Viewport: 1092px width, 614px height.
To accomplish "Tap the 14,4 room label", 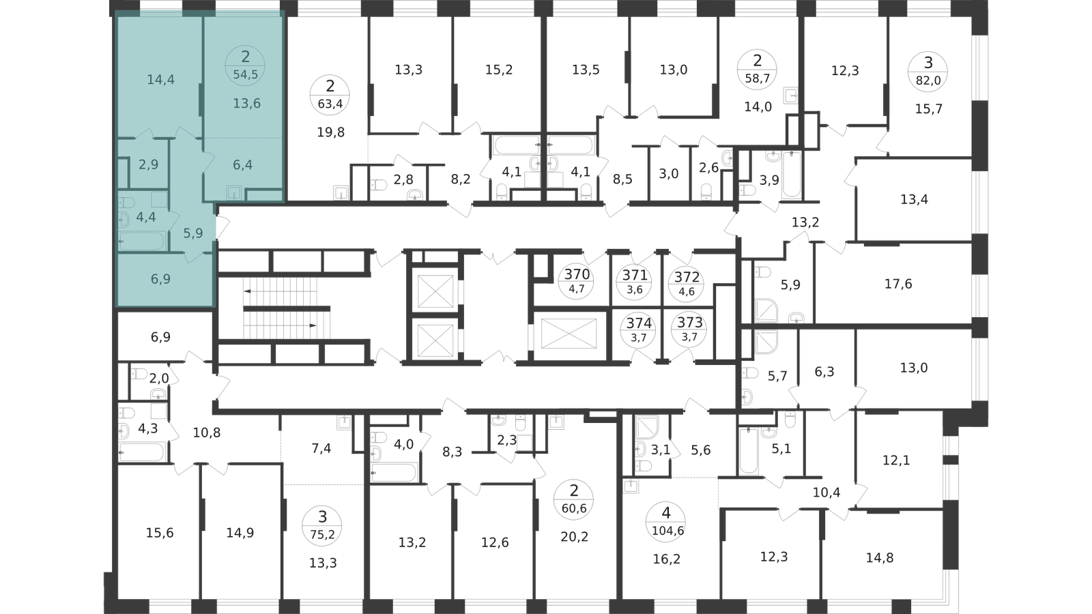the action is tap(161, 79).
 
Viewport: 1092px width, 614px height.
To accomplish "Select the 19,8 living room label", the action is tap(330, 132).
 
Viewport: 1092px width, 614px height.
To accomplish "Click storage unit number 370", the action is tap(577, 274).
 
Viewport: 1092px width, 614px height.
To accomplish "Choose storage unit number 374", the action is tap(639, 323).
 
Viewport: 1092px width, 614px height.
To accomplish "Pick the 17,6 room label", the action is tap(898, 284).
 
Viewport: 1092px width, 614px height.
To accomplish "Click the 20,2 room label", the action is tap(574, 537).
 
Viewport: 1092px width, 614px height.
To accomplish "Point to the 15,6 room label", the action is tap(160, 533).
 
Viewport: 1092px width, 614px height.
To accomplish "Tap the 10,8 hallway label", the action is tap(206, 433).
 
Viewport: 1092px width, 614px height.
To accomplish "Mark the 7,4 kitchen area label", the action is tap(321, 448).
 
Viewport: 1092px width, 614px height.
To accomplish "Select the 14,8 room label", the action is tap(880, 557).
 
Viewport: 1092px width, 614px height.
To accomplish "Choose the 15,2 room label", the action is tap(499, 70).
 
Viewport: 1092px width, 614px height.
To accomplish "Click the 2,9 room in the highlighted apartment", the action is tap(148, 164).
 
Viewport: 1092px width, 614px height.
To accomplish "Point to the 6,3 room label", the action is tap(824, 372).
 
